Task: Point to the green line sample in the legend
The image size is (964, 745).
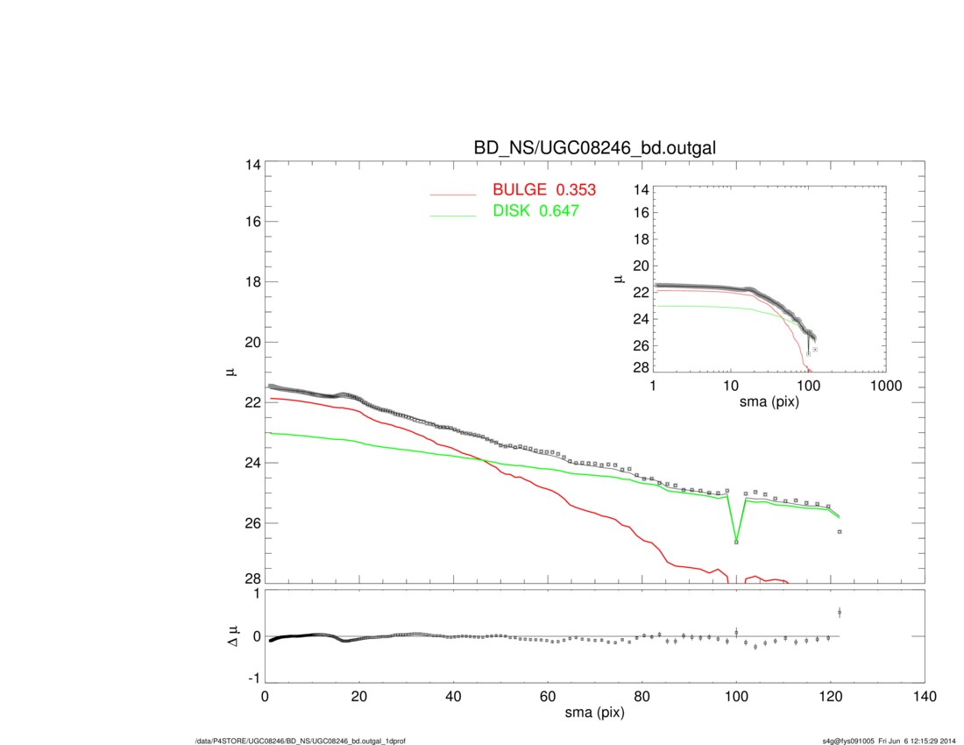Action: (x=453, y=215)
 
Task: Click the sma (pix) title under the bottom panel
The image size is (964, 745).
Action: (x=595, y=714)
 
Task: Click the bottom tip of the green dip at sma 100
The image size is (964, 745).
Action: (x=736, y=543)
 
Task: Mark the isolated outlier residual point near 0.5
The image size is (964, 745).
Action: (x=840, y=612)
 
